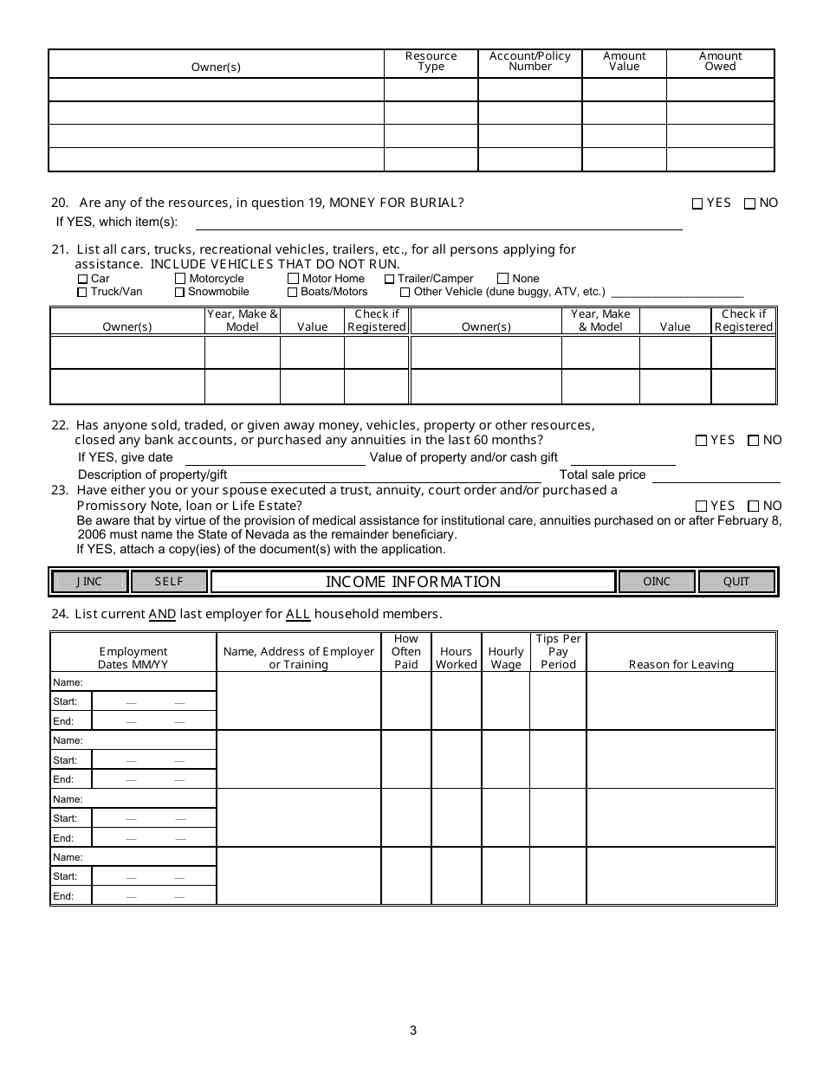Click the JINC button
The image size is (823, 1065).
[90, 582]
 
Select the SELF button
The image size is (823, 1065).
[169, 582]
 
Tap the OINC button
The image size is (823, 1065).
[657, 582]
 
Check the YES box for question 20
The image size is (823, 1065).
[697, 204]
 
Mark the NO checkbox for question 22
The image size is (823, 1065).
[753, 441]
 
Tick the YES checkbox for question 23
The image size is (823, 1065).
[701, 507]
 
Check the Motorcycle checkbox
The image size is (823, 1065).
[180, 279]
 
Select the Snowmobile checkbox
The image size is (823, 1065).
[180, 292]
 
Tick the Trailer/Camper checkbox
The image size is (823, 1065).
[390, 279]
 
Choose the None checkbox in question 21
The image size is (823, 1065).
[503, 279]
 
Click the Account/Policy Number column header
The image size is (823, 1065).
[530, 61]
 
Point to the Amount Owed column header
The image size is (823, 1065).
[720, 61]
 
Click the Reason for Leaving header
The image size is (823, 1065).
[681, 664]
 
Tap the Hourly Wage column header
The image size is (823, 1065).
[506, 658]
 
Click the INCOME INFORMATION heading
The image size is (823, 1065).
[413, 582]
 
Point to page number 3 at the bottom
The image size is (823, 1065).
[413, 1030]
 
